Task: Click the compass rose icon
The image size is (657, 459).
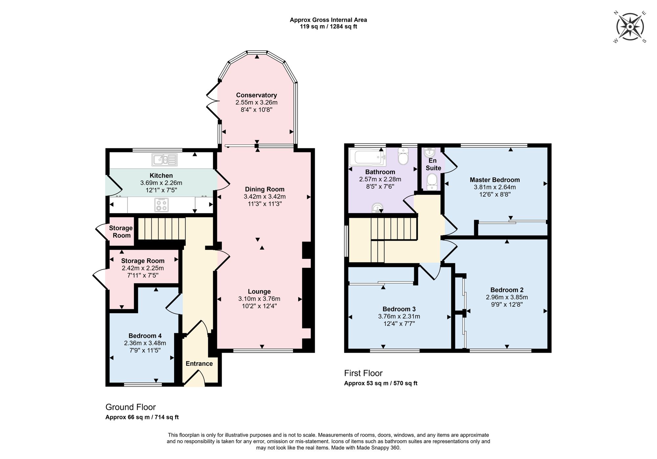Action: click(630, 27)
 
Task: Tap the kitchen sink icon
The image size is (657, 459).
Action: click(165, 160)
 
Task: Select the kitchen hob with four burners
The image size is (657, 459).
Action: click(162, 205)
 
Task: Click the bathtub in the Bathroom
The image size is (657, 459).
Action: click(367, 157)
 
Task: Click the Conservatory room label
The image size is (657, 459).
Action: click(256, 95)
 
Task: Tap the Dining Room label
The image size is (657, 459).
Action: click(264, 189)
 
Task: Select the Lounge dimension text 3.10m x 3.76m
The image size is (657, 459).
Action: click(259, 299)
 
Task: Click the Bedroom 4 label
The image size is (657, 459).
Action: click(145, 336)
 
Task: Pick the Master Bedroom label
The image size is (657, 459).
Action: click(494, 180)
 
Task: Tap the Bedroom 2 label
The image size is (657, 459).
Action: click(507, 290)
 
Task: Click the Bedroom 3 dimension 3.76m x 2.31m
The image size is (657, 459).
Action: click(399, 317)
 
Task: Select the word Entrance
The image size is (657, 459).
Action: click(199, 363)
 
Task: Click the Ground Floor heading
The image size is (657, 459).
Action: click(130, 407)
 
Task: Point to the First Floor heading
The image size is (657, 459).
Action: click(363, 373)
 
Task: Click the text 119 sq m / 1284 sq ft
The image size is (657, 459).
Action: click(328, 27)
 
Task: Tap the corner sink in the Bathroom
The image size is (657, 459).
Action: click(377, 208)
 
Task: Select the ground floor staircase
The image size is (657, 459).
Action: click(161, 229)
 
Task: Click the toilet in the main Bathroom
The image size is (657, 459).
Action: click(403, 157)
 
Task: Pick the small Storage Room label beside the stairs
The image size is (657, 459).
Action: click(121, 231)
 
